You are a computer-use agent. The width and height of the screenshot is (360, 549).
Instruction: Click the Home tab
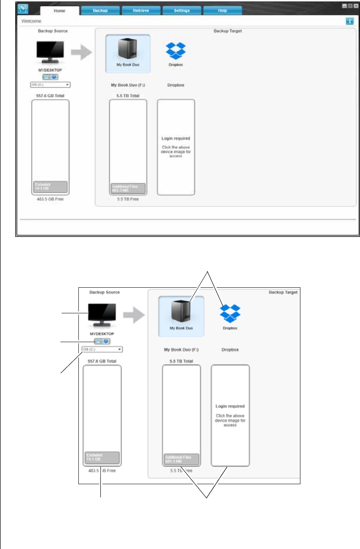click(x=60, y=11)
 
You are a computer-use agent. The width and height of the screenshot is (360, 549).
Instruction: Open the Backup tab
click(x=100, y=11)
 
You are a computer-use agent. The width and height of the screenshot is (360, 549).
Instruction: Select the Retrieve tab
click(x=141, y=11)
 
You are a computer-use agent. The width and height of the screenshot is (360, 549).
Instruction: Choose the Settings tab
click(x=182, y=11)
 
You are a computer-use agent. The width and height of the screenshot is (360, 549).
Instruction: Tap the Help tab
click(x=223, y=11)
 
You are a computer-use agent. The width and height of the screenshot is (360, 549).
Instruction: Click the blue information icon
click(x=350, y=21)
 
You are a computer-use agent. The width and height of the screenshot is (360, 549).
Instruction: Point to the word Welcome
click(x=31, y=21)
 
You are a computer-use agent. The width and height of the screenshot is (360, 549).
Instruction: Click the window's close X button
click(x=356, y=6)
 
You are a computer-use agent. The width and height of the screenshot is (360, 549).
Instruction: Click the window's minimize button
click(x=344, y=6)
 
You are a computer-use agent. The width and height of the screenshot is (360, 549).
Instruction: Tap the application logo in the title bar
click(x=23, y=9)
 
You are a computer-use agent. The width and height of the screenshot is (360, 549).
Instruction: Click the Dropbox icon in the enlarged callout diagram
click(x=230, y=313)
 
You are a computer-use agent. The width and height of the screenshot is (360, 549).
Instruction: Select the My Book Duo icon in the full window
click(x=128, y=50)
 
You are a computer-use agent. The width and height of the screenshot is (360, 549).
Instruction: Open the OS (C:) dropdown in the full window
click(x=50, y=85)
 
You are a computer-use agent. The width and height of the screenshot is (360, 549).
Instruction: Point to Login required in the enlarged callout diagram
click(x=230, y=406)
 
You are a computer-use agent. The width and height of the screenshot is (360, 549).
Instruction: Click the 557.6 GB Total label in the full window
click(x=50, y=96)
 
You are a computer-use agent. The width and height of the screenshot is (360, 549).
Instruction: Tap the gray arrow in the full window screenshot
click(x=82, y=52)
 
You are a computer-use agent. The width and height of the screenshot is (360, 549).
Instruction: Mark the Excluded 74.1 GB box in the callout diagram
click(x=102, y=457)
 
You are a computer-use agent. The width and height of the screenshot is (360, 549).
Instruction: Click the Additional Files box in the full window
click(x=128, y=188)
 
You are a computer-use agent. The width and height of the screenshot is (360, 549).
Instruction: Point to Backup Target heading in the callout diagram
click(x=283, y=293)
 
